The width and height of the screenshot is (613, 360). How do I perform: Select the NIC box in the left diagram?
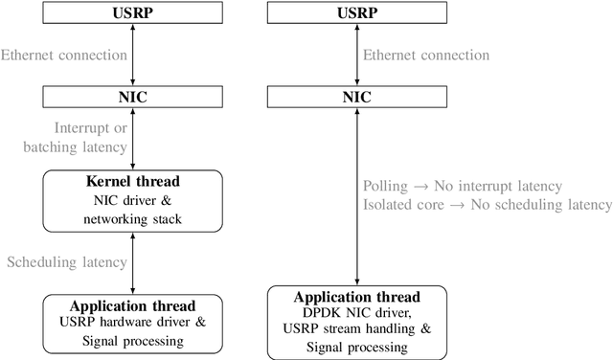coord(133,97)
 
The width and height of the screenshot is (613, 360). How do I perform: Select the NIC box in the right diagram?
coord(357,97)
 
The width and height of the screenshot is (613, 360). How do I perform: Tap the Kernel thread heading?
coord(133,182)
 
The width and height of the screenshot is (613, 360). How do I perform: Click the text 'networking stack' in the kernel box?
coord(133,220)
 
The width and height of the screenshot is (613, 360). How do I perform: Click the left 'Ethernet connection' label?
coord(62,56)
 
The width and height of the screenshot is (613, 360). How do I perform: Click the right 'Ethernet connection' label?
coord(428,56)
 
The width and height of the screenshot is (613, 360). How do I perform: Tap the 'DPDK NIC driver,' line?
coord(357,312)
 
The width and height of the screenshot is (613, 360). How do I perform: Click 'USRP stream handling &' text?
coord(357,329)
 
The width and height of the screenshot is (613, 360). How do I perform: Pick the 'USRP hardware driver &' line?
coord(133,321)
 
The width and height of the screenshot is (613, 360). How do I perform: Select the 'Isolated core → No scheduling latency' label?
coord(488,205)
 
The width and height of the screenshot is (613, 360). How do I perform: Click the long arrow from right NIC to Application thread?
coord(357,239)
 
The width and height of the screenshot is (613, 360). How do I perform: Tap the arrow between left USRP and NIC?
coord(133,56)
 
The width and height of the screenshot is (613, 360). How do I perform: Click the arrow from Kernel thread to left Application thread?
coord(133,261)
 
